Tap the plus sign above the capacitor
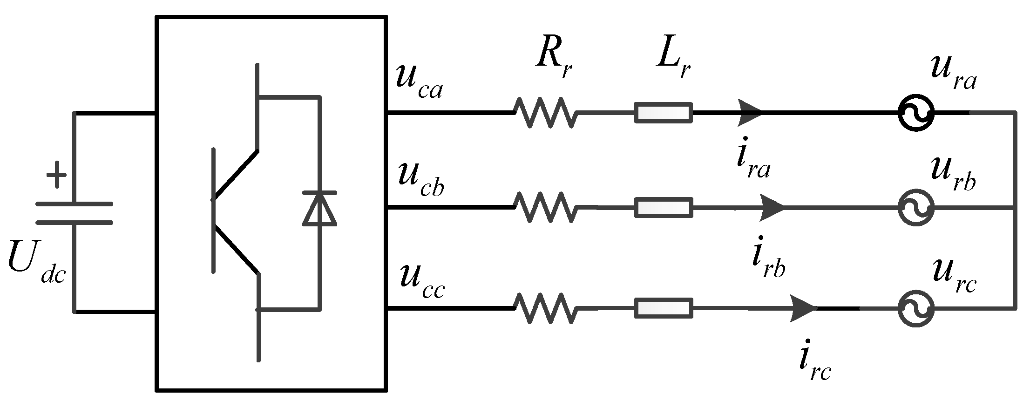[56, 175]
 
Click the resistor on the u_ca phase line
[545, 113]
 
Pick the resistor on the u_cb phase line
[545, 207]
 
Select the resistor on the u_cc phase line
[545, 308]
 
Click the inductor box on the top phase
[663, 113]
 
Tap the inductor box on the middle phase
[663, 207]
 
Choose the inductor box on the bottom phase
[663, 308]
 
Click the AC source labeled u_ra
[915, 113]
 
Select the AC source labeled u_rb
[915, 208]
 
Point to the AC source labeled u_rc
[915, 308]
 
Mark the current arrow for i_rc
[803, 308]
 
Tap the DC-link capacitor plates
[75, 213]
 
